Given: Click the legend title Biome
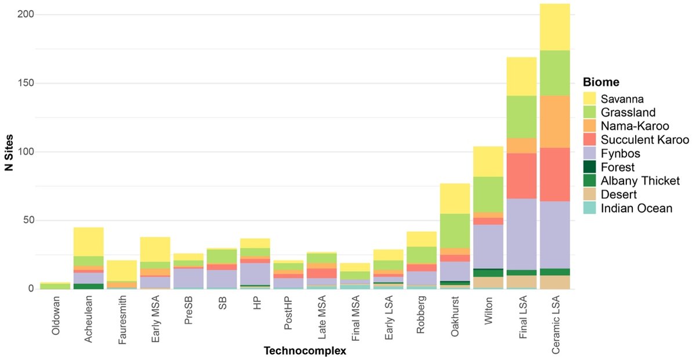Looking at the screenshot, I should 601,82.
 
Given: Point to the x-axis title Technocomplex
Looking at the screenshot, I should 305,351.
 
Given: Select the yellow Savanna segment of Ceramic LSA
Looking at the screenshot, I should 554,27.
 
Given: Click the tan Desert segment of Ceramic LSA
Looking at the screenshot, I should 554,282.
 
